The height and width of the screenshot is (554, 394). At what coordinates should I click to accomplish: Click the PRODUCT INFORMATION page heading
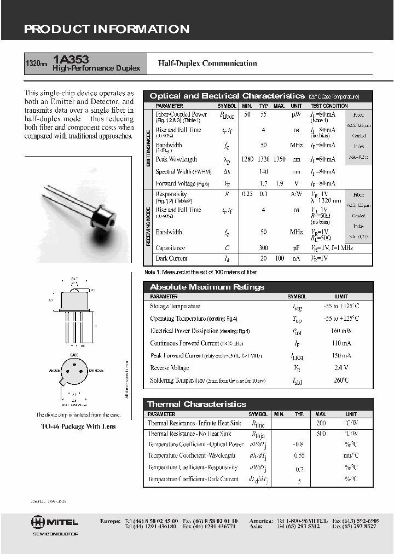[x=107, y=30]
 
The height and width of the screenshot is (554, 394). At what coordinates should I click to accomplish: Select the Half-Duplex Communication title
[x=207, y=64]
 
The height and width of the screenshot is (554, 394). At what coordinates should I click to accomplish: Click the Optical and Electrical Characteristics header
[x=227, y=96]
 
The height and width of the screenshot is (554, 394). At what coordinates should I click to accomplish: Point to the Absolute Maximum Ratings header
[x=207, y=287]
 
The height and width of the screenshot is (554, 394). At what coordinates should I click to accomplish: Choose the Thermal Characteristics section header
[x=197, y=404]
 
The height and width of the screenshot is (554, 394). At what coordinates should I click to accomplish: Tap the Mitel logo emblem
[x=38, y=522]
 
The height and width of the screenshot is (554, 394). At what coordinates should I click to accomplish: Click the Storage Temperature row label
[x=175, y=307]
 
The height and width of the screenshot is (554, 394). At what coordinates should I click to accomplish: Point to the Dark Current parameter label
[x=171, y=258]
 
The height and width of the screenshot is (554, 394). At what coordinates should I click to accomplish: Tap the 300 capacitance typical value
[x=263, y=248]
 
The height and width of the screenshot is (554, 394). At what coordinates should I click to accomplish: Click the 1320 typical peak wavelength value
[x=263, y=159]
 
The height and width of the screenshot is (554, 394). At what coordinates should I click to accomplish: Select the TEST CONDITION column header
[x=329, y=106]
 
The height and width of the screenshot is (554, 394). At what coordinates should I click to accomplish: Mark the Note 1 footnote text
[x=200, y=272]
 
